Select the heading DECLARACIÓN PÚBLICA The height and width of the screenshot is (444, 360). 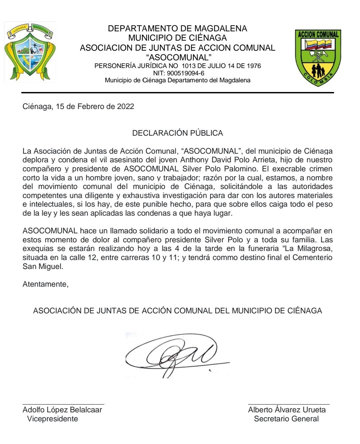pyautogui.click(x=177, y=133)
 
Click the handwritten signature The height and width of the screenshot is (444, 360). pyautogui.click(x=177, y=355)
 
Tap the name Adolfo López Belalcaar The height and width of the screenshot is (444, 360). pyautogui.click(x=62, y=410)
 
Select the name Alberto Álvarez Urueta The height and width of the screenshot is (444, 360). pyautogui.click(x=287, y=410)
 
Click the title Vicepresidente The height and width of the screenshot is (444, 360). pyautogui.click(x=52, y=419)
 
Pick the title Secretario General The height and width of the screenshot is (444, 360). pyautogui.click(x=286, y=419)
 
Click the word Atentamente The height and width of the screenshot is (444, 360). pyautogui.click(x=45, y=284)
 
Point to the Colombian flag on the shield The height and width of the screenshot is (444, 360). pyautogui.click(x=318, y=44)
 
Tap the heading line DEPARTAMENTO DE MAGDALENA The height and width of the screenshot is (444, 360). pyautogui.click(x=177, y=28)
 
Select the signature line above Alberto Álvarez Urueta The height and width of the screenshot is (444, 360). pyautogui.click(x=289, y=404)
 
